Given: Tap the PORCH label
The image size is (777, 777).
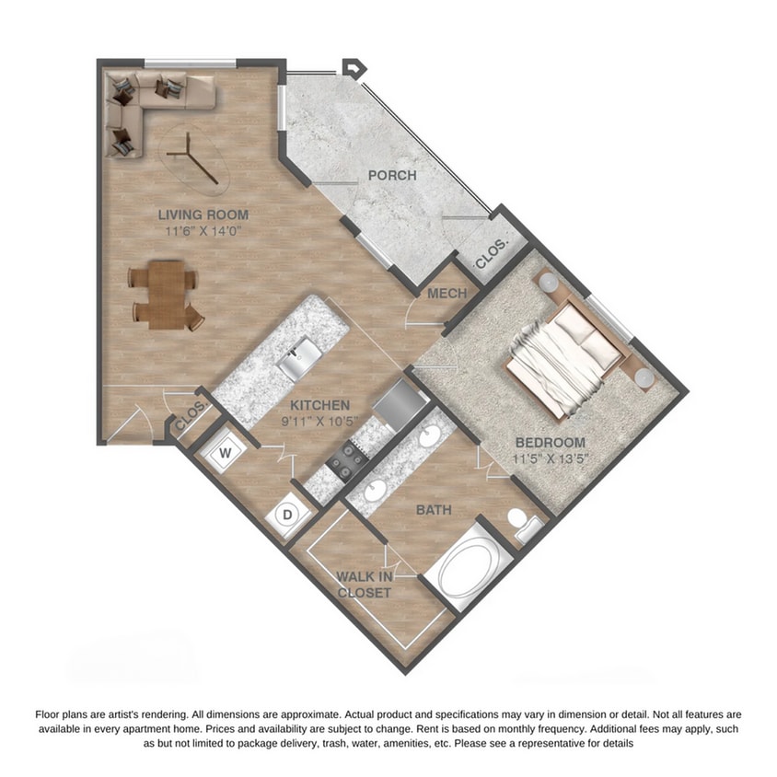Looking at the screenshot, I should tap(391, 175).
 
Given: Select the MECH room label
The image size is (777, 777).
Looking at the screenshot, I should tap(447, 294).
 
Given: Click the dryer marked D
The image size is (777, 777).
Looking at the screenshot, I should tap(286, 515).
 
